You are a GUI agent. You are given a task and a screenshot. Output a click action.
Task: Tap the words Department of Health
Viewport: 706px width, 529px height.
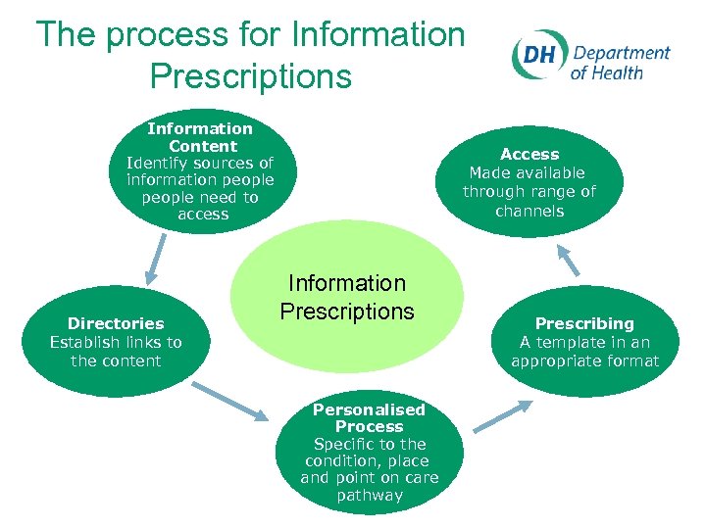pos(621,62)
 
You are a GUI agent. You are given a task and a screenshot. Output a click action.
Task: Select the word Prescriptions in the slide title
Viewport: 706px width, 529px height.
pos(251,76)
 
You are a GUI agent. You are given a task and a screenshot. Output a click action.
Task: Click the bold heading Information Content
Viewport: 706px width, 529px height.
pos(201,137)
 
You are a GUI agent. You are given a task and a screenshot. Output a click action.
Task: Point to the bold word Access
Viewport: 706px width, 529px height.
pos(529,154)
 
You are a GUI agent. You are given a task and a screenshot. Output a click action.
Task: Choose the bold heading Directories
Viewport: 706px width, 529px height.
pos(116,323)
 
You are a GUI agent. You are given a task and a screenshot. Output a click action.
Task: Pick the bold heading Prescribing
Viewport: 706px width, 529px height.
pos(584,323)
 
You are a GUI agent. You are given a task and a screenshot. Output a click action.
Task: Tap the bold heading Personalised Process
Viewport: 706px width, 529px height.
pos(369,418)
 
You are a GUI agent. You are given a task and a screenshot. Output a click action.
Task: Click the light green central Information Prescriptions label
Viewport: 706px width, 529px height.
pos(347,297)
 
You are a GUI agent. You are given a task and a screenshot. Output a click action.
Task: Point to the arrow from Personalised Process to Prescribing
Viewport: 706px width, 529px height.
pos(502,415)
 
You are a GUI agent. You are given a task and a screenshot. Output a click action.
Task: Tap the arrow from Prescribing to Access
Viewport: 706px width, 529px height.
pos(568,259)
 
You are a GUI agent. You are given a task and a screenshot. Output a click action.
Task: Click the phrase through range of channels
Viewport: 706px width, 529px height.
pos(529,201)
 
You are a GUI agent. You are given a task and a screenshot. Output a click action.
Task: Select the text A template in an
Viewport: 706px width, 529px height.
pos(584,342)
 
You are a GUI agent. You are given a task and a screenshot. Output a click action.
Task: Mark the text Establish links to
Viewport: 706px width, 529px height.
pos(116,342)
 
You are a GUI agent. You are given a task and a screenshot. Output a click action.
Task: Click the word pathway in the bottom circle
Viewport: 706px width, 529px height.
pos(370,496)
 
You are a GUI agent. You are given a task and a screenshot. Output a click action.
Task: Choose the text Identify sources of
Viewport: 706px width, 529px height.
pos(200,163)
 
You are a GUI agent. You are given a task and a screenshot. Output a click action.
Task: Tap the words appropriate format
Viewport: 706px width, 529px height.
pos(584,361)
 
